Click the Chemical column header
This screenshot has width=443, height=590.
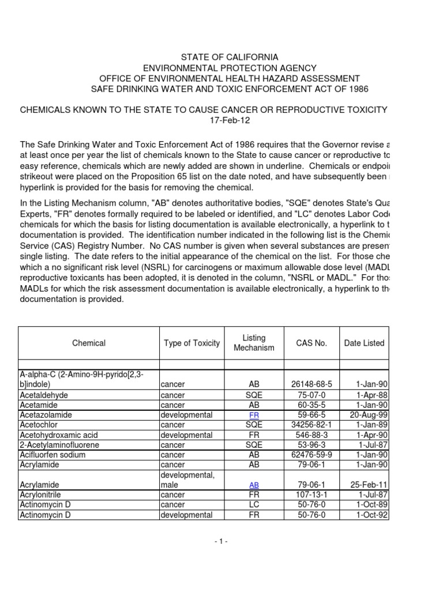[x=89, y=343]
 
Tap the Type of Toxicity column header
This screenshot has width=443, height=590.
[x=192, y=343]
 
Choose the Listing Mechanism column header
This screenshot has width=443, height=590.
[x=254, y=343]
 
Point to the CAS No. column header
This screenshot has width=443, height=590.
[x=311, y=343]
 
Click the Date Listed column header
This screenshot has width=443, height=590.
[x=364, y=343]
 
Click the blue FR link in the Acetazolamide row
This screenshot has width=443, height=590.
[x=254, y=415]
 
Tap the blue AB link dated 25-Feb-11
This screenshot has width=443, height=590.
[x=254, y=485]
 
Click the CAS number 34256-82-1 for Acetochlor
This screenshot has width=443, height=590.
[x=311, y=425]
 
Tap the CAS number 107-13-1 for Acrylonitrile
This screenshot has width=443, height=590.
[x=311, y=495]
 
